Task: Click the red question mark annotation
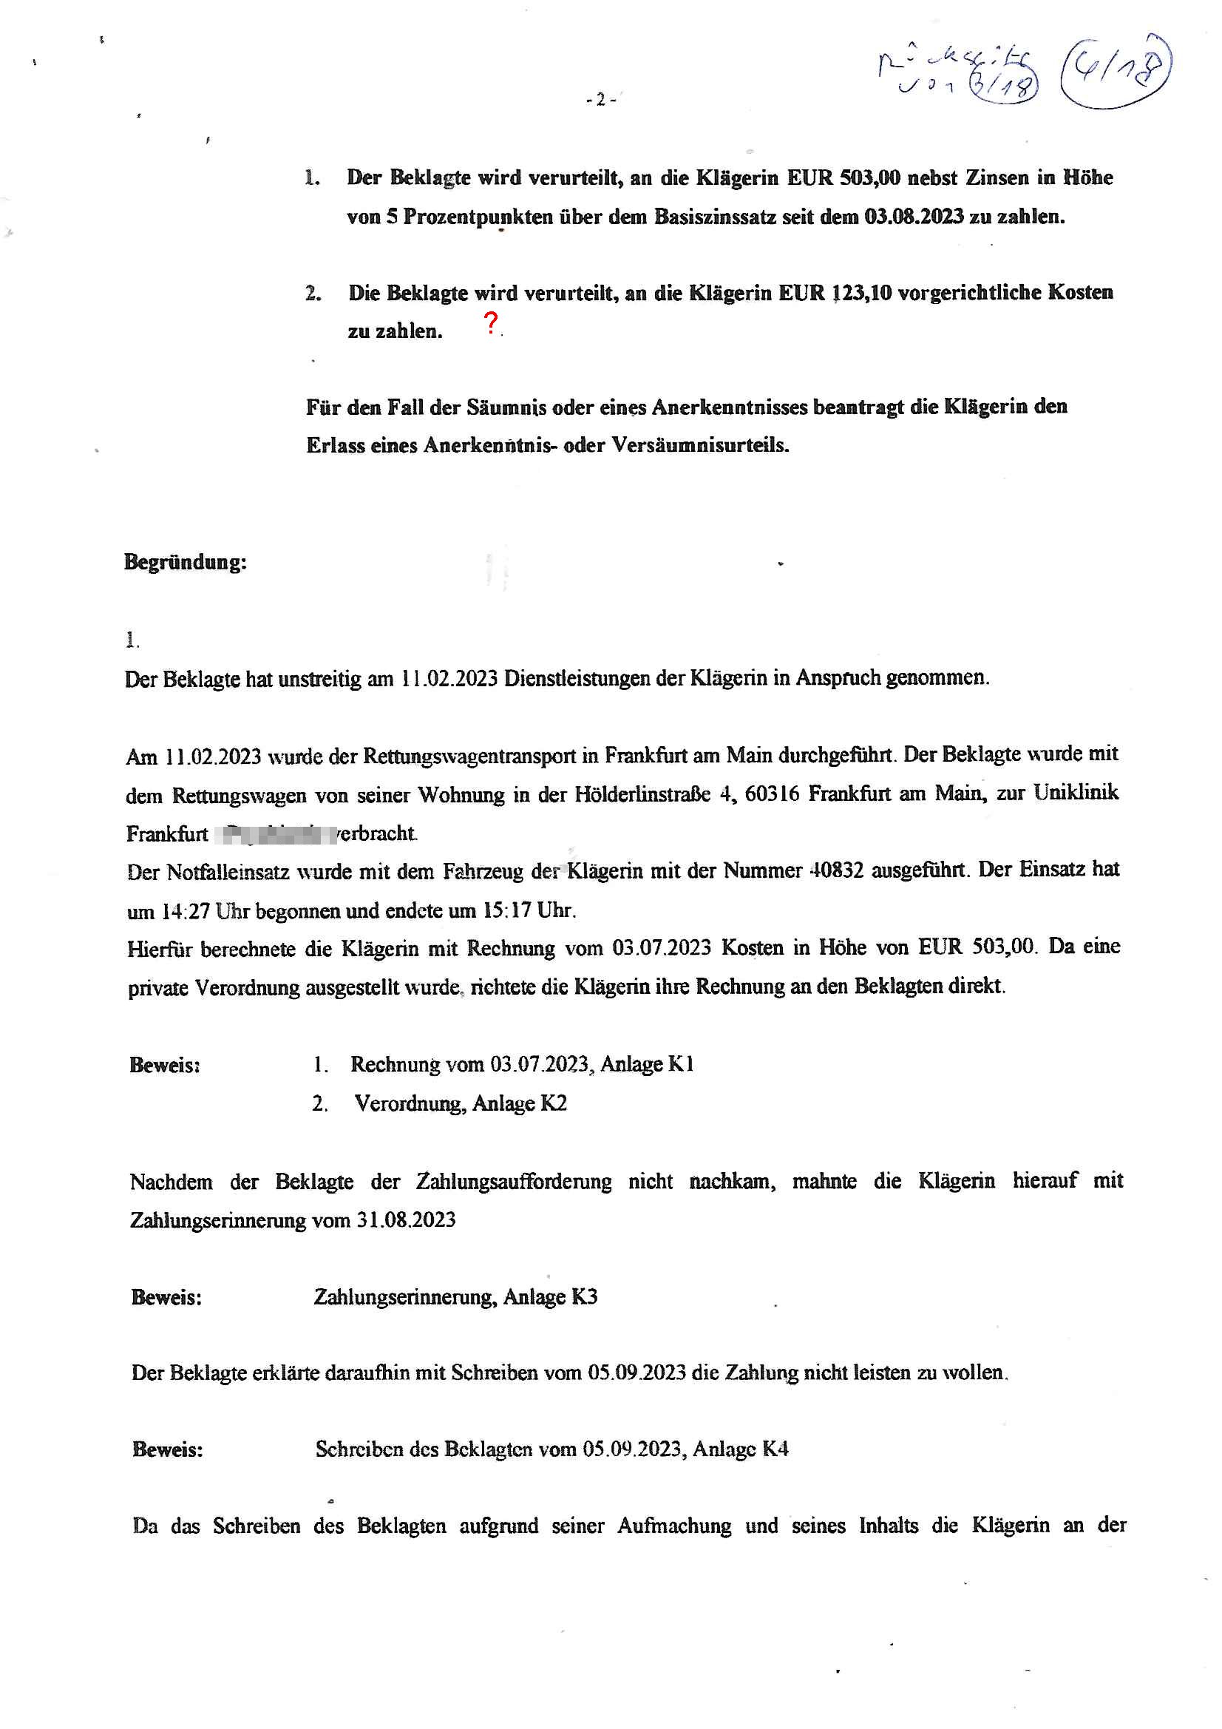(491, 323)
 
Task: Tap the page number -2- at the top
(601, 99)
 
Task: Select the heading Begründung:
(186, 562)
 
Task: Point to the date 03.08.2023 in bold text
(913, 217)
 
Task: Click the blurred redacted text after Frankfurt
(274, 833)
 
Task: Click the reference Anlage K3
(551, 1297)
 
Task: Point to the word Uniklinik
(1076, 792)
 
